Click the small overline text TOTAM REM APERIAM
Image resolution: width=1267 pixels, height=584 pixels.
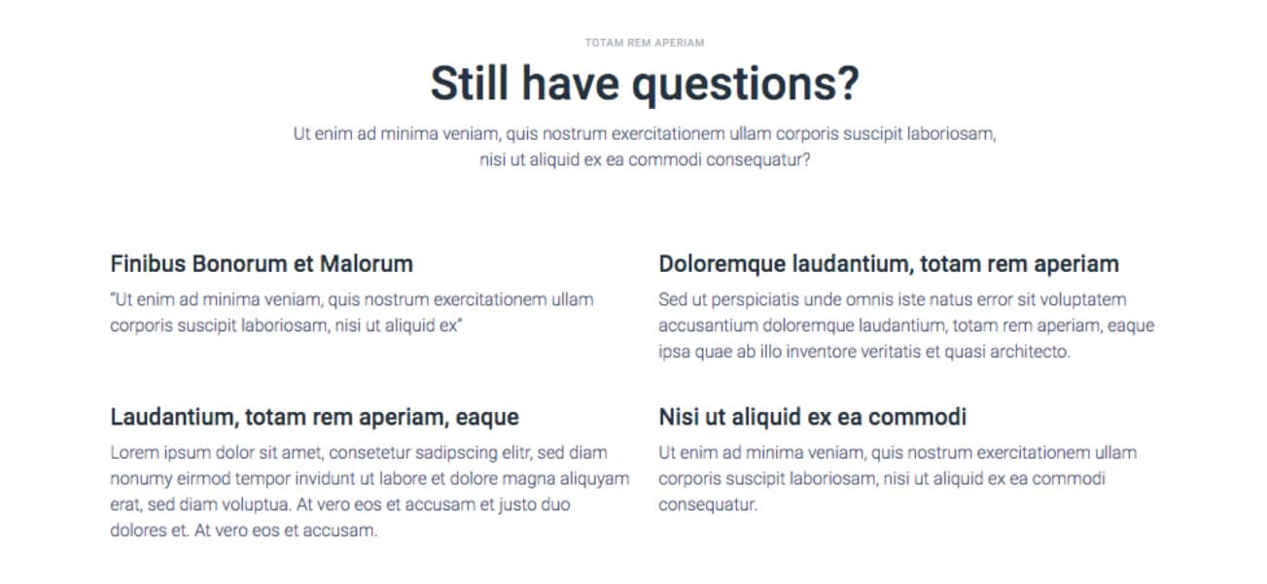645,43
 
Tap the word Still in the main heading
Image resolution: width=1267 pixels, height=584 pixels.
470,84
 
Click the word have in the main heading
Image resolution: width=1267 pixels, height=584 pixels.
570,84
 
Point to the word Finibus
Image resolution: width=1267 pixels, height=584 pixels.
148,264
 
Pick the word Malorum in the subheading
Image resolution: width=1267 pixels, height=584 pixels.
367,264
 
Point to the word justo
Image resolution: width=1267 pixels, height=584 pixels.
513,505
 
